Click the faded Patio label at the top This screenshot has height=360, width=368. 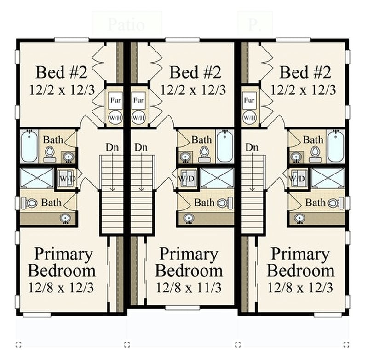[126, 25]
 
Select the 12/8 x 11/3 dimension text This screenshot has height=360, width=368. [189, 288]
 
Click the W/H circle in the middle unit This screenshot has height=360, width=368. [138, 117]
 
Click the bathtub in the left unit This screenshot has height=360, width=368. [29, 146]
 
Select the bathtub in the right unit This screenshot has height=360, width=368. [335, 146]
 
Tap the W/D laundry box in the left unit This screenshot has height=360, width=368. [65, 178]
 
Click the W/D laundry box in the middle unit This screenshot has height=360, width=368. [186, 178]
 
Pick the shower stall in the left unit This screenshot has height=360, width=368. [37, 178]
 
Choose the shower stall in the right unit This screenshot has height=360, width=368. [328, 178]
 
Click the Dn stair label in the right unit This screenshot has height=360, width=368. [252, 148]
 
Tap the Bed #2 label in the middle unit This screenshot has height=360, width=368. [195, 72]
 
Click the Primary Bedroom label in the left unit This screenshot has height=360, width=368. [64, 262]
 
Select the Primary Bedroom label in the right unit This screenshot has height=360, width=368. [300, 262]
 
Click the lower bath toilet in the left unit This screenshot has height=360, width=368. [31, 203]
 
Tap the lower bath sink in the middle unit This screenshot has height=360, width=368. [188, 218]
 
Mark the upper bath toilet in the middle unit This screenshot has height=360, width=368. [204, 153]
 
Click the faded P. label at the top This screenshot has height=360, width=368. [254, 25]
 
